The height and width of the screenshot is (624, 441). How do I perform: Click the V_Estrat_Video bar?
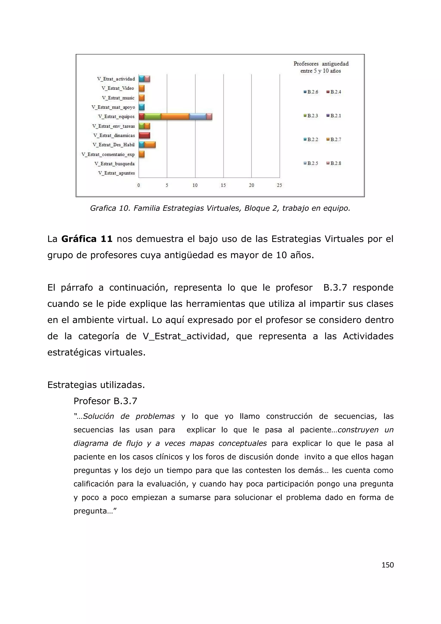[141, 88]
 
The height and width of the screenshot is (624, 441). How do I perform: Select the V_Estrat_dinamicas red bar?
[144, 135]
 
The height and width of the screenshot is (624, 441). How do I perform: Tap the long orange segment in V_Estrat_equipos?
[175, 117]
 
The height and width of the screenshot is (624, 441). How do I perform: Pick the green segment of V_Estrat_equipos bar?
[153, 117]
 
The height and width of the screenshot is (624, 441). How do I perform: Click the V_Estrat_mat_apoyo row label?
[113, 107]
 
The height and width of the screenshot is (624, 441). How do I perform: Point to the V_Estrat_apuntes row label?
[116, 173]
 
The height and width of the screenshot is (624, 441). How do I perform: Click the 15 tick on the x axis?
[223, 185]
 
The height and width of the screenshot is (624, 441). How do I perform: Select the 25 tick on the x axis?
[280, 185]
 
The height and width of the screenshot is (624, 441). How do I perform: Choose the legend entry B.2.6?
[311, 92]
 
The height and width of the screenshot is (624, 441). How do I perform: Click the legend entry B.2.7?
[334, 139]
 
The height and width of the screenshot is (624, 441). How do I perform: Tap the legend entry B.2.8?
[334, 163]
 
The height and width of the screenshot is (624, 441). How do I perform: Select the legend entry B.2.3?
[311, 116]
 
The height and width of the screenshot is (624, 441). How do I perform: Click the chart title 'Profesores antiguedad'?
[321, 64]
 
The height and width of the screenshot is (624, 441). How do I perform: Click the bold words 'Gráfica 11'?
[87, 239]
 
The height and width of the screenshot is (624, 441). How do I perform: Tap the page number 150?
[388, 565]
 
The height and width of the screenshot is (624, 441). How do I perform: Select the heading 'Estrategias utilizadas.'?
[96, 385]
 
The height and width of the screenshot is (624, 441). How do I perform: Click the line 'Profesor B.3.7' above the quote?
[105, 401]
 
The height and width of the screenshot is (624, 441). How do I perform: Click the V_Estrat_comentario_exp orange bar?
[141, 154]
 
